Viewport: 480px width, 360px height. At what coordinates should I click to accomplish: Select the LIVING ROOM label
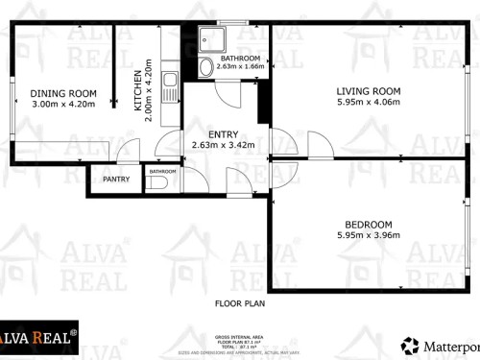point(367,91)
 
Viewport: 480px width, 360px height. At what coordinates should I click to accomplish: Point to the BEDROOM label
point(368,225)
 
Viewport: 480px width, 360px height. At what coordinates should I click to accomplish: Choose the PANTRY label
point(115,179)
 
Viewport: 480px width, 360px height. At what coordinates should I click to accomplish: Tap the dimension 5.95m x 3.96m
point(368,235)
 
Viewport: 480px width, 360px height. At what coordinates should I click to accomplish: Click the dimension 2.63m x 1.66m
point(240,67)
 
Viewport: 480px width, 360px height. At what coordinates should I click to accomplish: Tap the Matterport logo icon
point(410,344)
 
